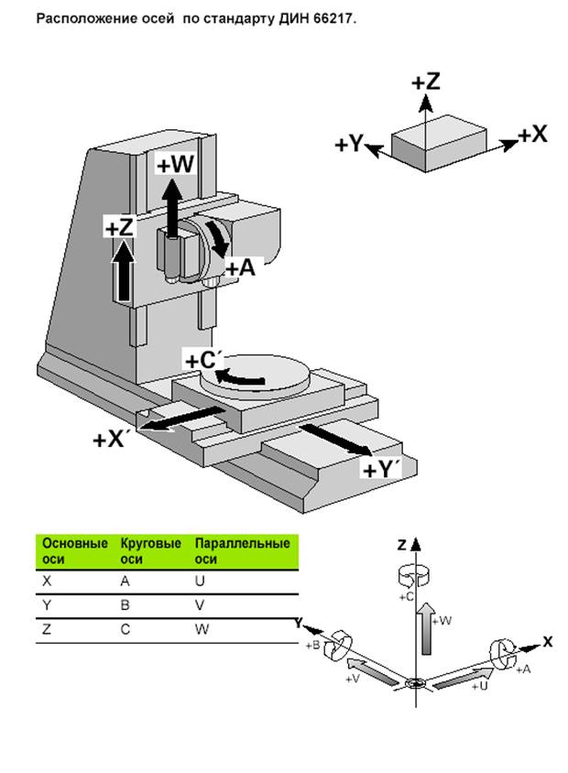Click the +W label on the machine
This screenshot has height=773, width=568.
point(175,165)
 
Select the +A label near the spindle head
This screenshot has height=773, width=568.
point(240,268)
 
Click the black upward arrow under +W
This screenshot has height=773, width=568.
point(171,206)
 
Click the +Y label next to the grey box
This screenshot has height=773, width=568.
point(349,145)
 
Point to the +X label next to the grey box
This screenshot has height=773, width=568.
point(532,134)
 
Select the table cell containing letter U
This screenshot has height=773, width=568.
point(200,580)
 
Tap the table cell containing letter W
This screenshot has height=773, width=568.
point(202,629)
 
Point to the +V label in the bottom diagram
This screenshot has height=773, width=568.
point(352,679)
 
